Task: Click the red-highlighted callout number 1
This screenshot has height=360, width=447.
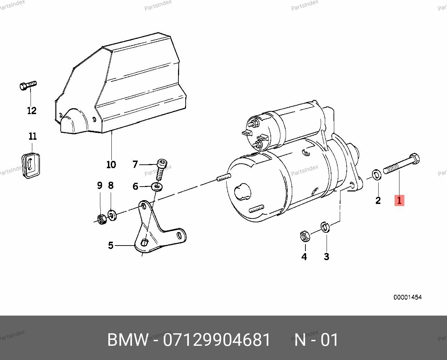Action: coord(399,200)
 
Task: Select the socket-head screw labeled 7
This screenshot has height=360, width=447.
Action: coord(162,169)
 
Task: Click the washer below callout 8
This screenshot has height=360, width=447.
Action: coord(112,215)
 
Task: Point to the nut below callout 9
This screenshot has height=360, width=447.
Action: coord(101,219)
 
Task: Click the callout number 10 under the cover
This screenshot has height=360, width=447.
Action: coord(111,164)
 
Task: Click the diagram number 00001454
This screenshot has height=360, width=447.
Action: coord(407,297)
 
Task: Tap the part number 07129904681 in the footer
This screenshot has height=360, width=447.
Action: coord(217,340)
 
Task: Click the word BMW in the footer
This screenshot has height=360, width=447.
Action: coord(127,340)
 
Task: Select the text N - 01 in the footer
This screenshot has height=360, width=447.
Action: coord(316,340)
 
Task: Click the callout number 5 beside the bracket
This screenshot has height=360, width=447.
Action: coord(111,246)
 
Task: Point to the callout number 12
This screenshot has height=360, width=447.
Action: coord(32,111)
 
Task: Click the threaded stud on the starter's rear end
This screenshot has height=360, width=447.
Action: coord(223,178)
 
